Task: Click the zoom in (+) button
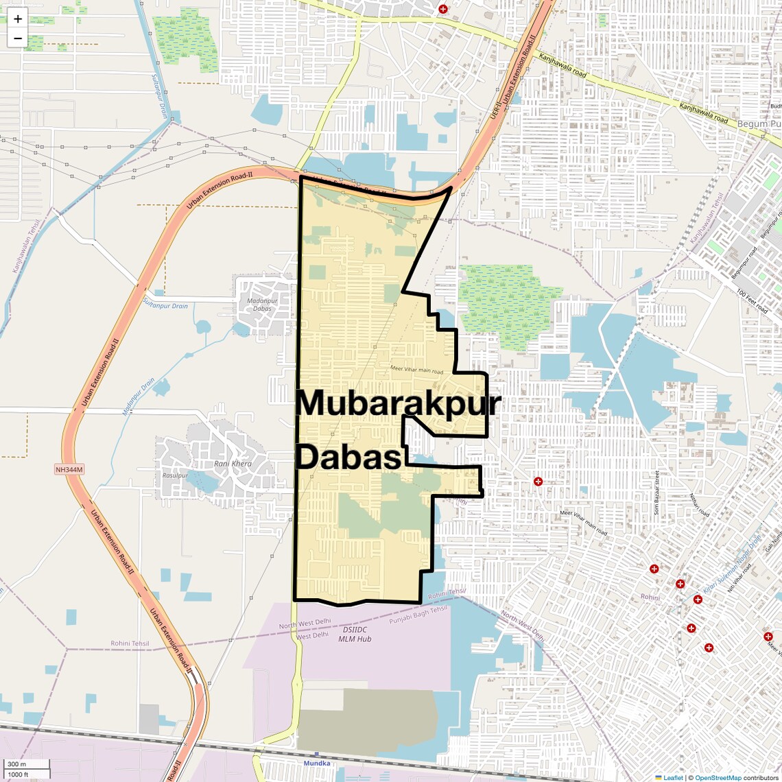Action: (18, 19)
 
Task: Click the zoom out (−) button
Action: (18, 38)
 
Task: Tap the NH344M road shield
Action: (69, 470)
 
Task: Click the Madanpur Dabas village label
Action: (262, 305)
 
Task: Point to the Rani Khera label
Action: (233, 464)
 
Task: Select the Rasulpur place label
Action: (175, 475)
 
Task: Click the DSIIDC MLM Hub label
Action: (355, 634)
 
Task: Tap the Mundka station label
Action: (317, 763)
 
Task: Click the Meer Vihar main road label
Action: (416, 370)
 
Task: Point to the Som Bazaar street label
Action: (656, 493)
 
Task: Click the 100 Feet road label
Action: (752, 302)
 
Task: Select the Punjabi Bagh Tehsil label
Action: (418, 615)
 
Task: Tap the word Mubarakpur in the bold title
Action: (398, 403)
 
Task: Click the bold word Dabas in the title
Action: (348, 458)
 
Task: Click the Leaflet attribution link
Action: (672, 777)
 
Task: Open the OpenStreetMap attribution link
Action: (718, 777)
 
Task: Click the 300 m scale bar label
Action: (17, 764)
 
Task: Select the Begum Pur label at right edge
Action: (759, 124)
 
